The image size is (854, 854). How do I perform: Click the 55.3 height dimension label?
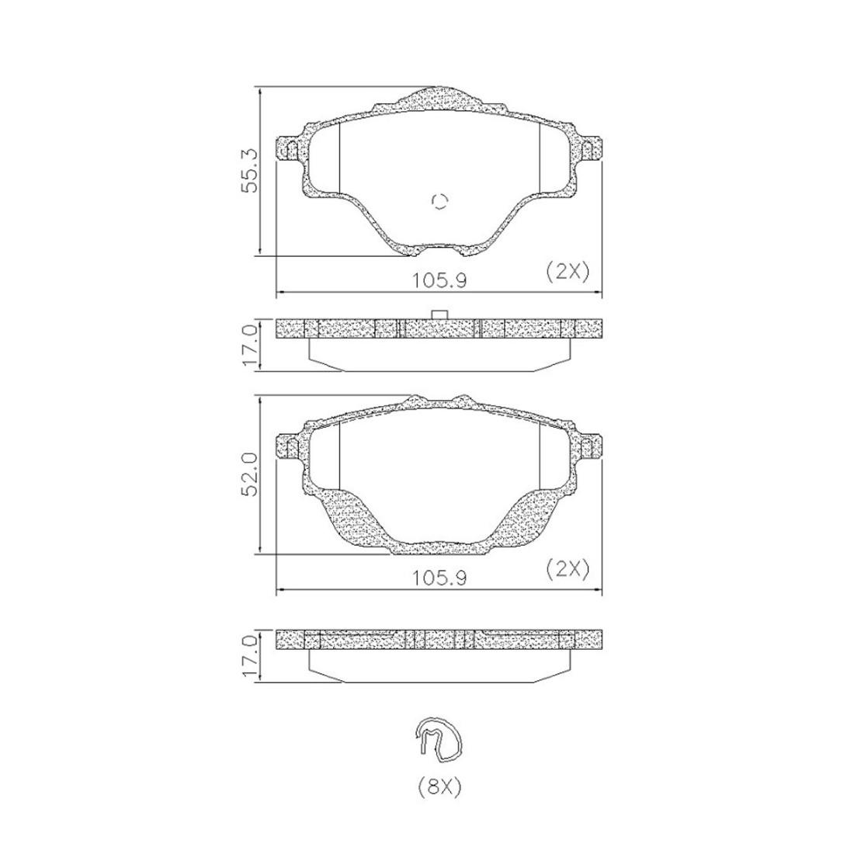tap(248, 171)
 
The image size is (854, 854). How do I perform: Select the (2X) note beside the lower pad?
tap(568, 569)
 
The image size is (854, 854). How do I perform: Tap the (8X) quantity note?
tap(439, 787)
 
